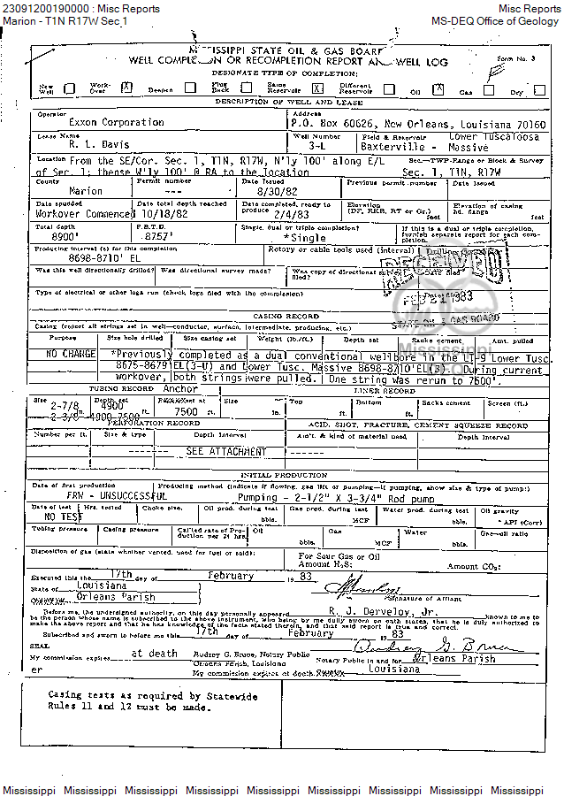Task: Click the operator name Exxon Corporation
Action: coord(95,122)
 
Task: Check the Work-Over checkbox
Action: coord(126,88)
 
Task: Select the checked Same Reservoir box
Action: coord(317,88)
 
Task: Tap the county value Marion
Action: coord(85,191)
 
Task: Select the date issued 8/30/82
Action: coord(275,191)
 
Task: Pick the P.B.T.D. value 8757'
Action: coord(155,236)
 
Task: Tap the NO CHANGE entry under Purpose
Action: coord(72,354)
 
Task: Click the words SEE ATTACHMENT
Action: coord(225,451)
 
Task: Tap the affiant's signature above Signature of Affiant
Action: coord(362,589)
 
